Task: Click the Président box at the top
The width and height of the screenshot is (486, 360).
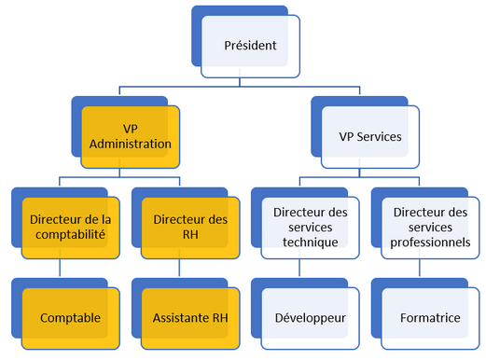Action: pos(250,46)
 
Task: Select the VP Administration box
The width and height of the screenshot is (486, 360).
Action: pos(132,137)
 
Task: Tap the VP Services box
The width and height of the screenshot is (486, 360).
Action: pos(369,136)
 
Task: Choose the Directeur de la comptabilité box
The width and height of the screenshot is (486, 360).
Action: pos(70,227)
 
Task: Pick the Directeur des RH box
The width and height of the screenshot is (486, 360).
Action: pos(190,227)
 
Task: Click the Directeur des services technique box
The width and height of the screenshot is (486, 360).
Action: pos(310,227)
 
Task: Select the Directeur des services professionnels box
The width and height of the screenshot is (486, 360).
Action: pos(429,227)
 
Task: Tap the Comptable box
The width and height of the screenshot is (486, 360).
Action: pos(70,318)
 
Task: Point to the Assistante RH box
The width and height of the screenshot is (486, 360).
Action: pos(190,318)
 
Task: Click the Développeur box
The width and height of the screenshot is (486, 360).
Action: pos(310,318)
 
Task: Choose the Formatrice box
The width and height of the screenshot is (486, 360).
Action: pos(429,318)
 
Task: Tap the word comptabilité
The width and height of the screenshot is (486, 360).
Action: pos(70,234)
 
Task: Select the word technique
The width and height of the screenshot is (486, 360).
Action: pos(310,242)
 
